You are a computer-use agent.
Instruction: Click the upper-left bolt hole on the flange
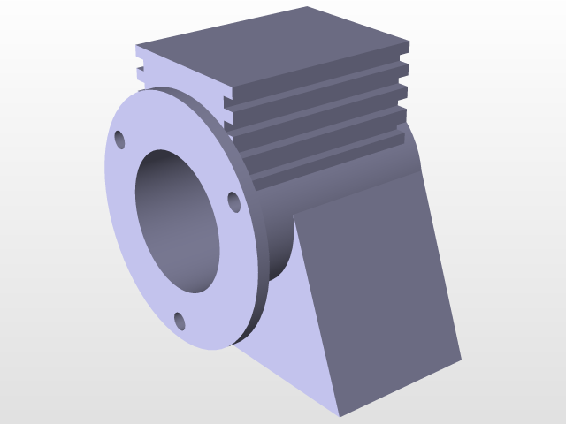[x=120, y=140]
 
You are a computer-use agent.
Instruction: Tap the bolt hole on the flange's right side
[x=234, y=202]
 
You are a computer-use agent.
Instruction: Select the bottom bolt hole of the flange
[x=180, y=321]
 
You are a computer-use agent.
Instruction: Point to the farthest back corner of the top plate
[x=307, y=8]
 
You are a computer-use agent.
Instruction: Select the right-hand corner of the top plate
[x=409, y=41]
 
